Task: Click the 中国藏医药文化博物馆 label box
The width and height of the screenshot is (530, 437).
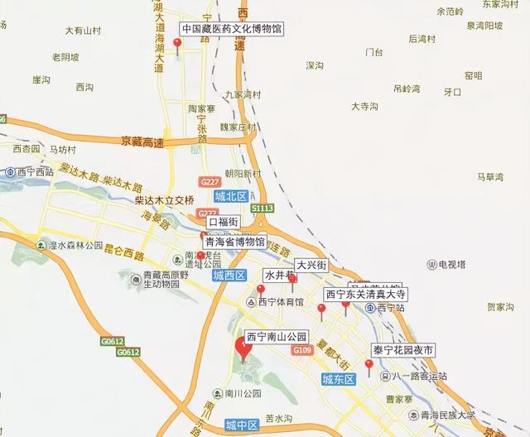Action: (231, 28)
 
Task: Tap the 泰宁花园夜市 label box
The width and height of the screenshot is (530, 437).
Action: (403, 350)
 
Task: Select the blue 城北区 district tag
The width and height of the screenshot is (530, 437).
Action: (230, 197)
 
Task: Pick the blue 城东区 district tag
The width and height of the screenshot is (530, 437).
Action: (338, 379)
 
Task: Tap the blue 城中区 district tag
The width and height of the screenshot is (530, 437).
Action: (242, 425)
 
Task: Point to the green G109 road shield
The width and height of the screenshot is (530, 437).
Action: (303, 351)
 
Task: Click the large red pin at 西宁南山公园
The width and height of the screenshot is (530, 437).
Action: (243, 349)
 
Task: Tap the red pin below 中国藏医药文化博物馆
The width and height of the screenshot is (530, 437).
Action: (176, 45)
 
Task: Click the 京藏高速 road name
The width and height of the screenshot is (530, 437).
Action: (142, 142)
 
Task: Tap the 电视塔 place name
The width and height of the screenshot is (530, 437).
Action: (453, 265)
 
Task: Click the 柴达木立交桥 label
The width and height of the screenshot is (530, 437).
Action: (164, 200)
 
